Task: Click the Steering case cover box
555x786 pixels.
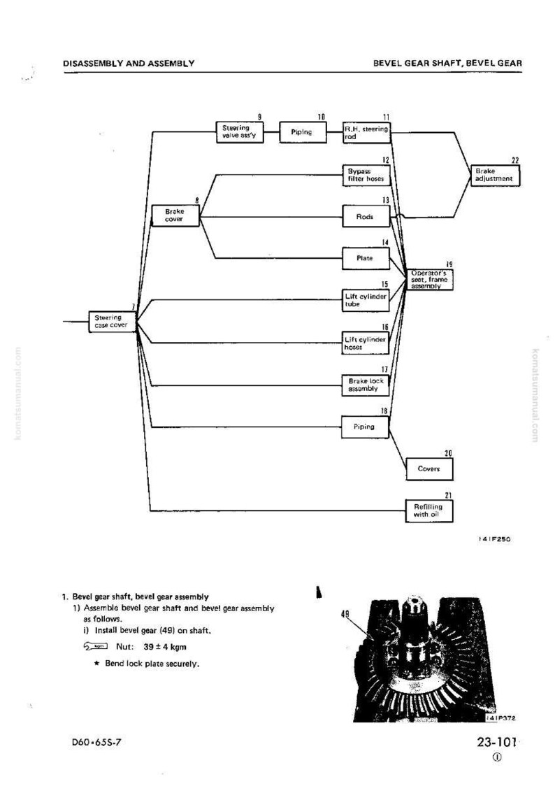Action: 113,321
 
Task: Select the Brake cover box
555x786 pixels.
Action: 175,215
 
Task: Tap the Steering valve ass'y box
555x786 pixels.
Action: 240,132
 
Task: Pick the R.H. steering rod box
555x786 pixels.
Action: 367,132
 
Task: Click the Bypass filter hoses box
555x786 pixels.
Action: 366,175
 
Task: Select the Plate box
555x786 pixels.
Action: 366,258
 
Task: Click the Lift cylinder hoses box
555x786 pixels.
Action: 366,343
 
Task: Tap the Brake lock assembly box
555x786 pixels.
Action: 365,385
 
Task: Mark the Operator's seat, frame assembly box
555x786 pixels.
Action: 430,280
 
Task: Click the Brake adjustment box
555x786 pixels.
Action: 495,175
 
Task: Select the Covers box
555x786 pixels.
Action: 429,469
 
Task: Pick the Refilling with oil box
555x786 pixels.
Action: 429,510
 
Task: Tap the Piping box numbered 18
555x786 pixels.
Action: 365,427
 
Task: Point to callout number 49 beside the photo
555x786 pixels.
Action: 345,614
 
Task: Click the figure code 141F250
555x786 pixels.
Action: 494,539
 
